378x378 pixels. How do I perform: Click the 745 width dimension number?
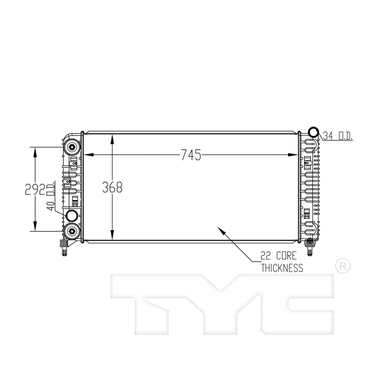(x=190, y=155)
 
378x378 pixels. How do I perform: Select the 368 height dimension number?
(x=112, y=187)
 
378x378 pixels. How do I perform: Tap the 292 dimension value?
(x=35, y=189)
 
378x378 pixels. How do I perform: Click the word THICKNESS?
(x=282, y=268)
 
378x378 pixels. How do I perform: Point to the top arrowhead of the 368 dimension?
(x=112, y=138)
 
